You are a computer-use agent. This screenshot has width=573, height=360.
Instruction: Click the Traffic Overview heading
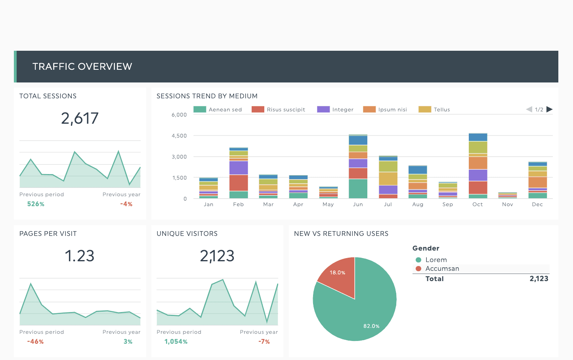(x=82, y=67)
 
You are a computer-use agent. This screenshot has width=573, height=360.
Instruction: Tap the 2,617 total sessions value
(x=80, y=119)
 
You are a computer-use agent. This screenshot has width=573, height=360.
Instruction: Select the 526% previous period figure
(x=36, y=204)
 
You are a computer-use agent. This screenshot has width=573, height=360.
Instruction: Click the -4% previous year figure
(x=126, y=204)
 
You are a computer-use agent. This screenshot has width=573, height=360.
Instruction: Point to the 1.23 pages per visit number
(x=80, y=256)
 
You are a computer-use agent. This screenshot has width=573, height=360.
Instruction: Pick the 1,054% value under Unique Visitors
(x=176, y=342)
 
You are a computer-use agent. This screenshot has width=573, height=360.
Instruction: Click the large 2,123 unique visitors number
(x=217, y=256)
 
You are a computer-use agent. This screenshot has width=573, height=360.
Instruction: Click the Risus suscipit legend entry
(x=279, y=109)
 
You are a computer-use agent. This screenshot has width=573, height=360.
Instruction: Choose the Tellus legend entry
(x=434, y=109)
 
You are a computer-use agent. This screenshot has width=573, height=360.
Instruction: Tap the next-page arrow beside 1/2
(x=549, y=109)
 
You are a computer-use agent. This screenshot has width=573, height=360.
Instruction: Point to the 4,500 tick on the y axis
(x=179, y=136)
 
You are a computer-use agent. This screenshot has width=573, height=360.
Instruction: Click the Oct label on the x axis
(x=477, y=205)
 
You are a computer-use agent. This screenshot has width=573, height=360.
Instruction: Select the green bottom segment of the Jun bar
(x=358, y=189)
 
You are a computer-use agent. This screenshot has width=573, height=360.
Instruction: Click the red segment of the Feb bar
(x=239, y=183)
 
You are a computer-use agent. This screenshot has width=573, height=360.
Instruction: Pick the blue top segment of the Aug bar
(x=418, y=170)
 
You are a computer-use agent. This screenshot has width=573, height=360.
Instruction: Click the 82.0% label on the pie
(x=371, y=326)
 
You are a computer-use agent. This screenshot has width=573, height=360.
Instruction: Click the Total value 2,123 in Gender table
(x=539, y=279)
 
